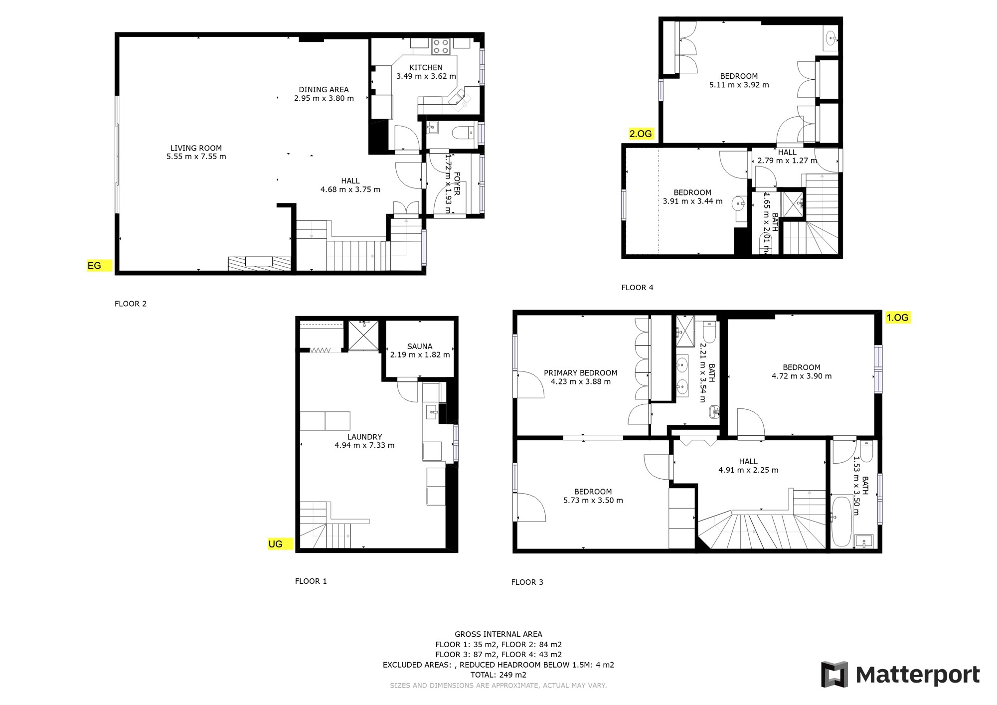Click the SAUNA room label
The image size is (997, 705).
pyautogui.click(x=420, y=346)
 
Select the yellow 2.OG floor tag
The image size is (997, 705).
pyautogui.click(x=641, y=134)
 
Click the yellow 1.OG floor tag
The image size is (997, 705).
pyautogui.click(x=898, y=318)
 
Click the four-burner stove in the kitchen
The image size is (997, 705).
pyautogui.click(x=441, y=46)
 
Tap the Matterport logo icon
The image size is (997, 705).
pyautogui.click(x=834, y=675)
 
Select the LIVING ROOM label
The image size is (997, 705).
pyautogui.click(x=196, y=148)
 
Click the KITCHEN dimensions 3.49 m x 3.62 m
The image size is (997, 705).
pyautogui.click(x=426, y=76)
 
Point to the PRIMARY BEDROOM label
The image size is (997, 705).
pyautogui.click(x=580, y=373)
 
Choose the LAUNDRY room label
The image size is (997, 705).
pyautogui.click(x=364, y=437)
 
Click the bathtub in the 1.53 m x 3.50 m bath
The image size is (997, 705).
pyautogui.click(x=841, y=522)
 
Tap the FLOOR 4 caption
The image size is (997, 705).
pyautogui.click(x=637, y=288)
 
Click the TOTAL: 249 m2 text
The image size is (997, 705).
pyautogui.click(x=498, y=675)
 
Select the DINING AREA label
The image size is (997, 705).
pyautogui.click(x=324, y=90)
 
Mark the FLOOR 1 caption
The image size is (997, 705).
pyautogui.click(x=311, y=581)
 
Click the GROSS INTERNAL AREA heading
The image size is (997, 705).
pyautogui.click(x=498, y=634)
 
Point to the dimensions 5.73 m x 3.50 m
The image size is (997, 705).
pyautogui.click(x=593, y=501)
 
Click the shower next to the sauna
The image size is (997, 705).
pyautogui.click(x=363, y=336)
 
